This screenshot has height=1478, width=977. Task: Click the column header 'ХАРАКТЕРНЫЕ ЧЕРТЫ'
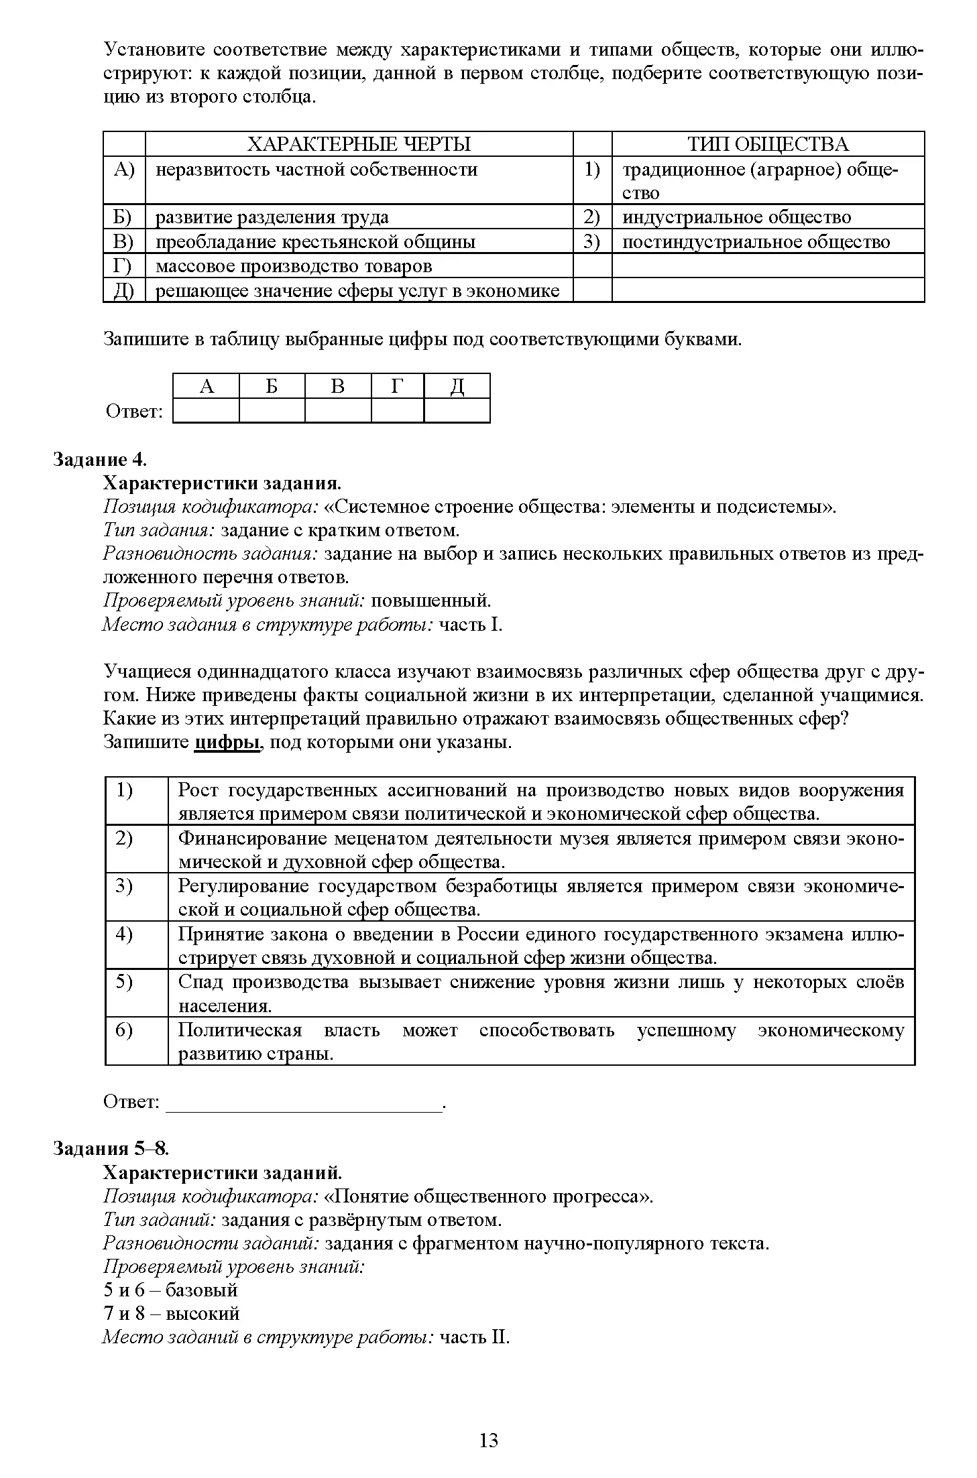(x=359, y=144)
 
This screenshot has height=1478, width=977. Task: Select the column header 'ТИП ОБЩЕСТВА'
(x=768, y=144)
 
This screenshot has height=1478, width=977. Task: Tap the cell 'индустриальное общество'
(x=736, y=217)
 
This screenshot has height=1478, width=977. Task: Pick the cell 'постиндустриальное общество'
(x=756, y=242)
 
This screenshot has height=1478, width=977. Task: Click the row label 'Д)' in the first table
(x=124, y=291)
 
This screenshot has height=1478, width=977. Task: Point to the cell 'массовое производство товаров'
(x=294, y=266)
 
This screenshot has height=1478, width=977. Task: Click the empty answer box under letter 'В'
(x=337, y=410)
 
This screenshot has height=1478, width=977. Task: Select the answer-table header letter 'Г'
(x=397, y=386)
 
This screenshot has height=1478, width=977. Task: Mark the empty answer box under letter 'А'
(x=206, y=410)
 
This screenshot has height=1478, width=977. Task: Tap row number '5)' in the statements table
(x=124, y=982)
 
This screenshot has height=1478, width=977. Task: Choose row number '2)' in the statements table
(x=124, y=839)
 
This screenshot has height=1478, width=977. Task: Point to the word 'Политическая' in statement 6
(x=240, y=1030)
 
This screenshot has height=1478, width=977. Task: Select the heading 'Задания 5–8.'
(x=111, y=1148)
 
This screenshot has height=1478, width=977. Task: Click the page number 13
(x=489, y=1440)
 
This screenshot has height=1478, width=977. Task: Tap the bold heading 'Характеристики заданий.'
(x=223, y=1172)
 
